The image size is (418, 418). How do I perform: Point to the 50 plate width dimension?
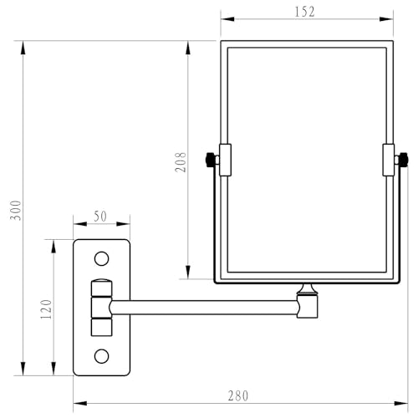[100, 217]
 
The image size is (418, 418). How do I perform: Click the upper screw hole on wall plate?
[101, 258]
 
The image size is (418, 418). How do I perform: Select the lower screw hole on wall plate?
[101, 357]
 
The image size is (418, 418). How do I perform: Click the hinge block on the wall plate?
[101, 307]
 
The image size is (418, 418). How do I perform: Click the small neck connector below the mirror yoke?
[308, 288]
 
